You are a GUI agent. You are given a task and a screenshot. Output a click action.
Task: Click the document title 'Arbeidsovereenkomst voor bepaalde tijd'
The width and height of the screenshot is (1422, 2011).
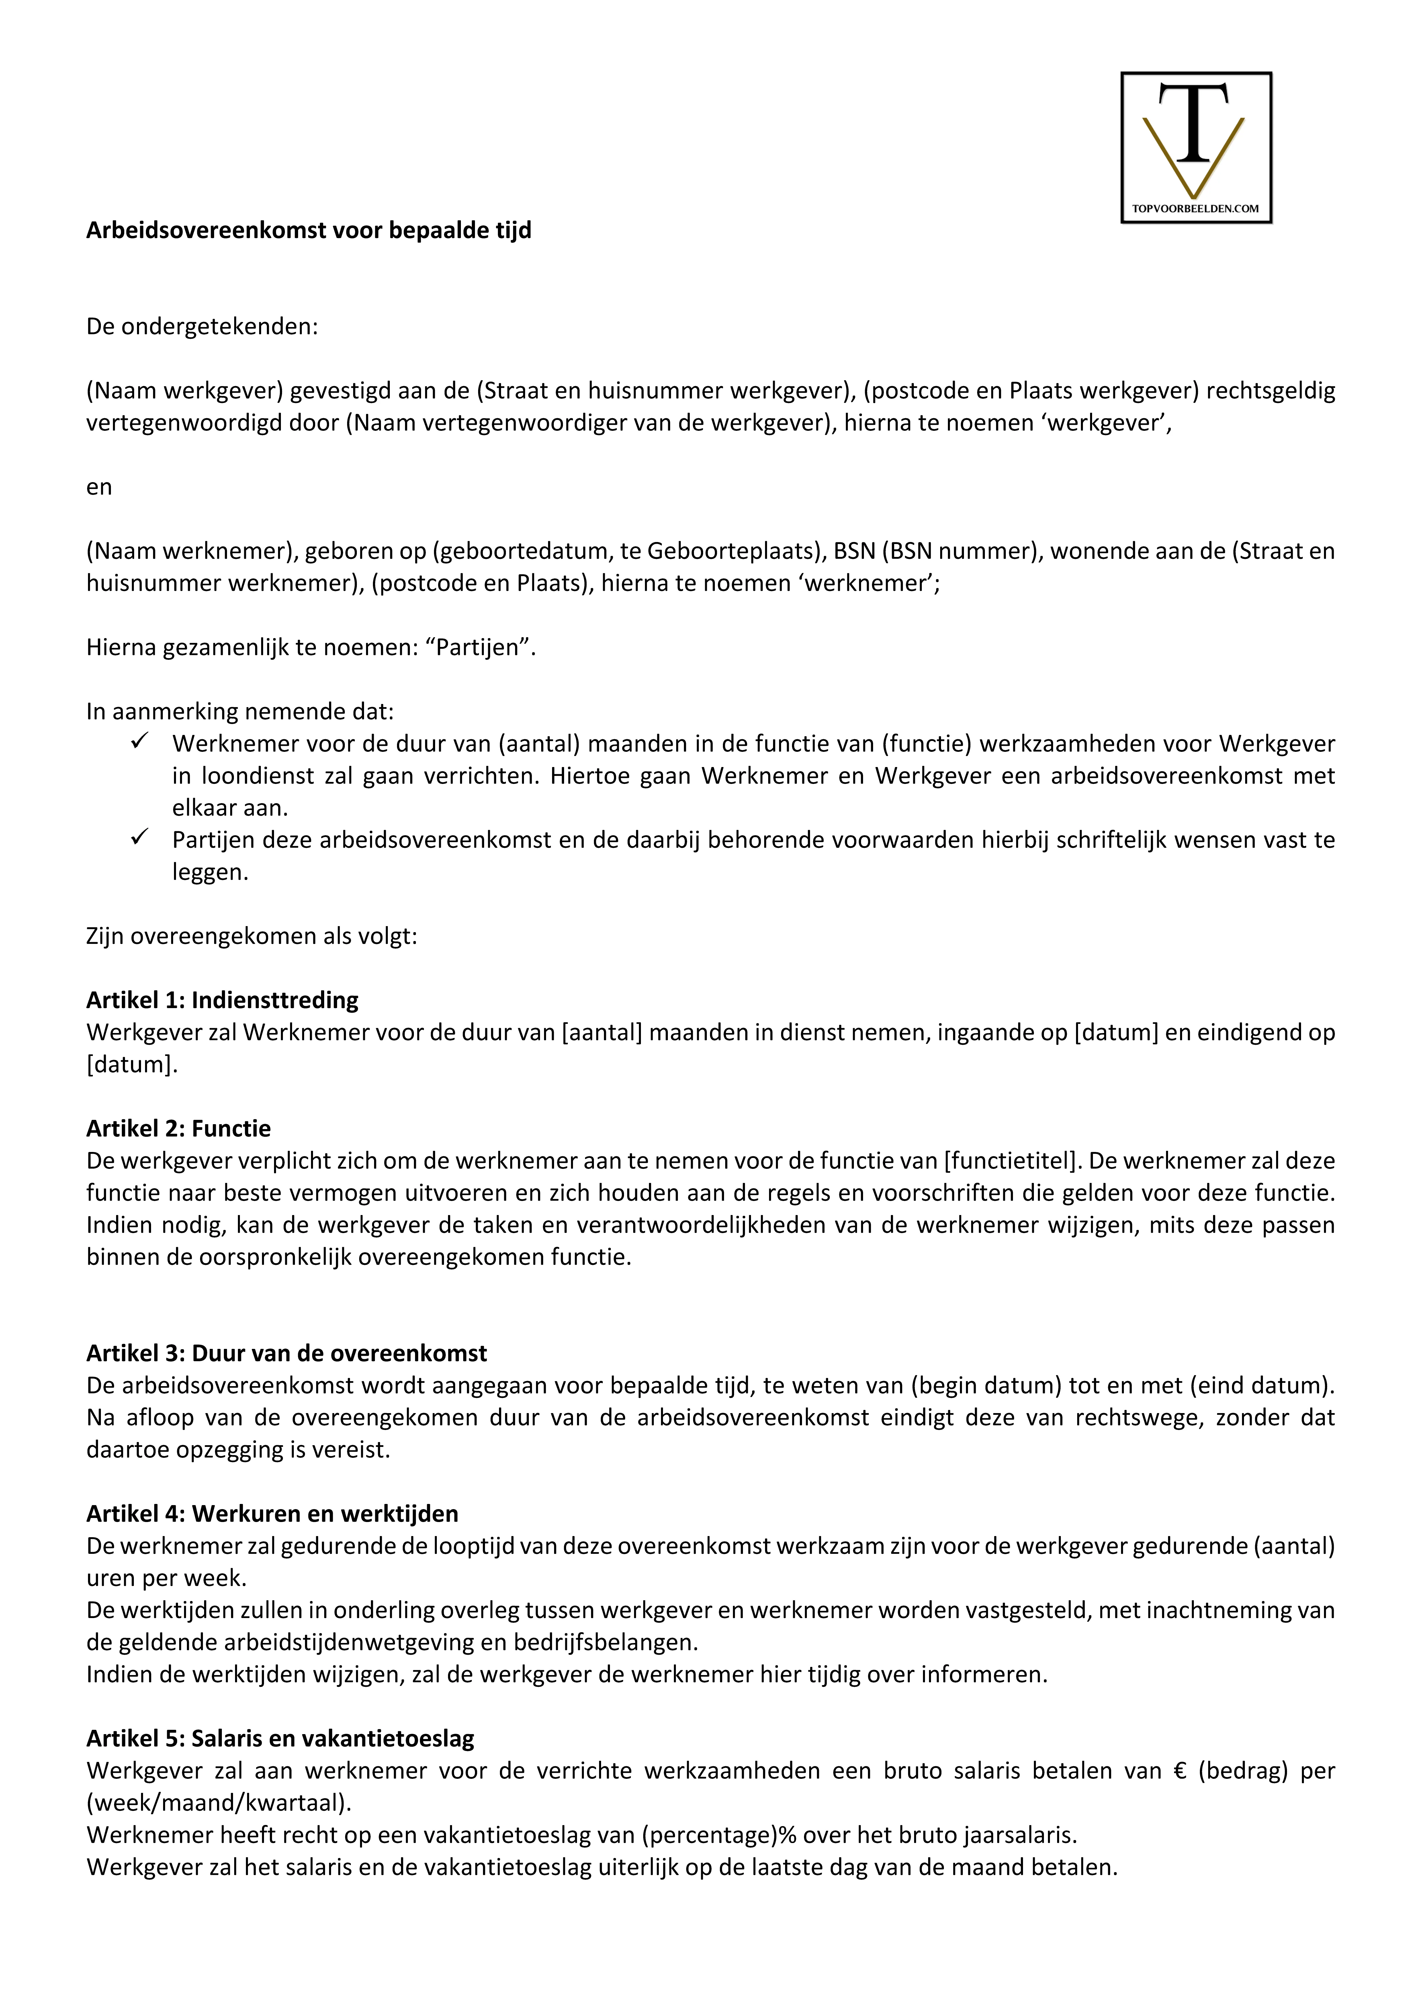308,230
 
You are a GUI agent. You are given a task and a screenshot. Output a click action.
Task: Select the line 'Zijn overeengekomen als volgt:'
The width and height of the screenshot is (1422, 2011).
251,936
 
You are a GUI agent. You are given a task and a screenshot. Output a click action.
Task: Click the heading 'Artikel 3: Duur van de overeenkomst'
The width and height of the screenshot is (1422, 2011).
287,1353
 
